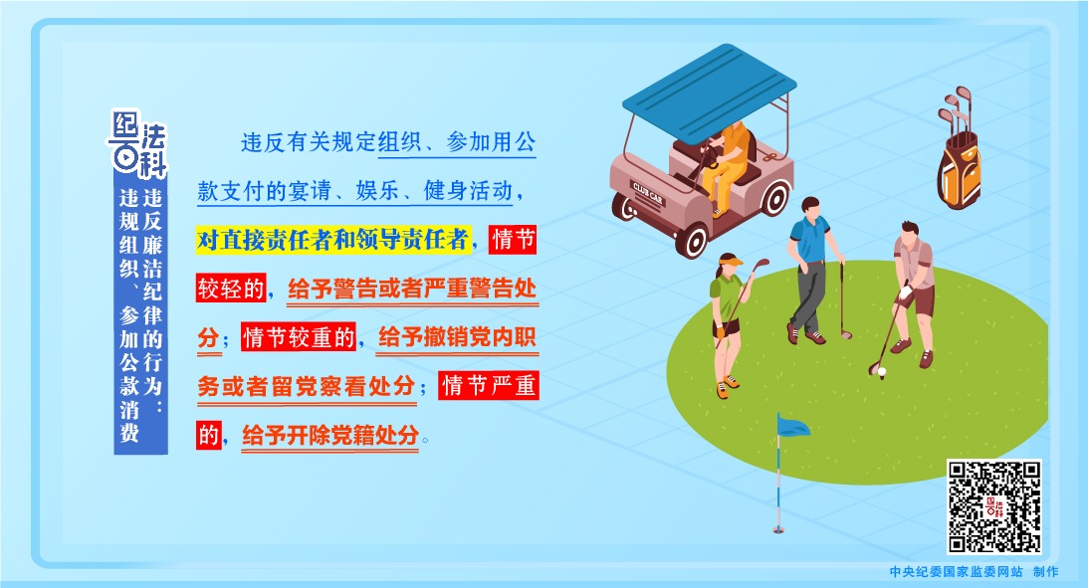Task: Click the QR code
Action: click(x=993, y=505)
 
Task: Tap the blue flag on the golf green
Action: click(x=792, y=427)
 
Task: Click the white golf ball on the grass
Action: click(x=881, y=372)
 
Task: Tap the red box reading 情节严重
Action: click(x=489, y=386)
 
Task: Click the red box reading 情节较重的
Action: click(x=300, y=337)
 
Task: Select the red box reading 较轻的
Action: click(x=231, y=289)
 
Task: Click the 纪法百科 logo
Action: click(x=139, y=140)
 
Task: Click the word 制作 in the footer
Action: click(x=1045, y=572)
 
